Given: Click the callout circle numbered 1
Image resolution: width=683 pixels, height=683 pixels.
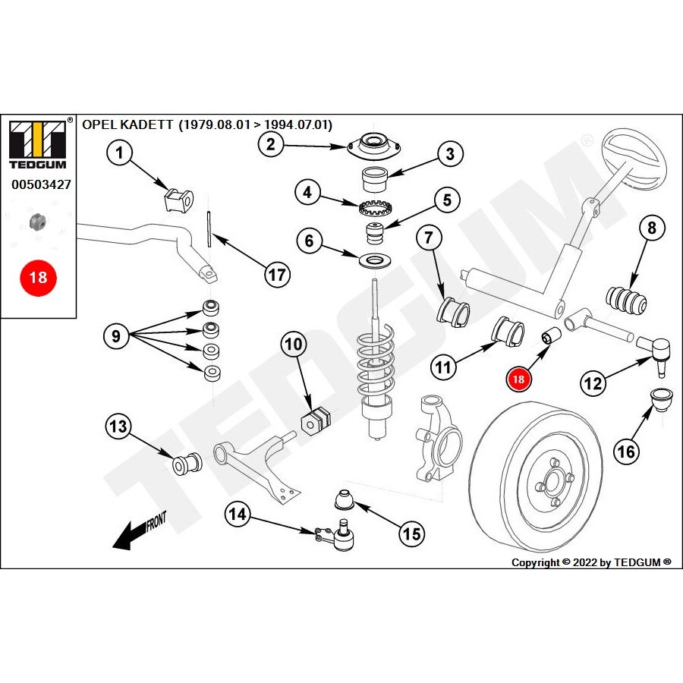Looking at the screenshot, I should click(119, 154).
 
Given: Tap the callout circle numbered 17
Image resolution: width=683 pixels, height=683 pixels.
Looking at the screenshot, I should click(278, 274).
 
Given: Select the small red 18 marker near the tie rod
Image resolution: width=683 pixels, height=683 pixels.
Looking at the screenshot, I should click(520, 376).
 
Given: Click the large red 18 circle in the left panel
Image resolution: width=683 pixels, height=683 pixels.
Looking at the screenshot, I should click(37, 277).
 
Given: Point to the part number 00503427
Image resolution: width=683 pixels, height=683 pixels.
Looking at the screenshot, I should click(41, 184).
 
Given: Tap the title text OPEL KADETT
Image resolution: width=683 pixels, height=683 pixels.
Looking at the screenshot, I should click(127, 125).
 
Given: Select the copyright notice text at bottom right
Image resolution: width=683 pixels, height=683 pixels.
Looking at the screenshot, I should click(591, 562).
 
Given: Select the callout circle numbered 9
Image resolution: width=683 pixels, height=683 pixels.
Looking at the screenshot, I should click(116, 335).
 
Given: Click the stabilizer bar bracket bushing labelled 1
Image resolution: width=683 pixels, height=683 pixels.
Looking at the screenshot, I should click(179, 198).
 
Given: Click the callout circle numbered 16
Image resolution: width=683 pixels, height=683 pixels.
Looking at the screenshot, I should click(627, 452).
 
